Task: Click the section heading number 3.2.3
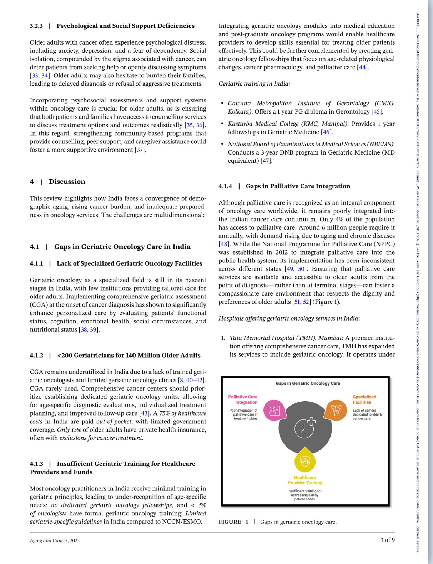click(x=36, y=26)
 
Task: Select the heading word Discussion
click(x=67, y=182)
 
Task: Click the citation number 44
click(x=362, y=67)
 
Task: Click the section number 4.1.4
click(x=225, y=186)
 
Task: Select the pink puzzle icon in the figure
click(x=274, y=411)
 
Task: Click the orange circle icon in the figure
click(x=336, y=411)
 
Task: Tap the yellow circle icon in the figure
click(x=305, y=461)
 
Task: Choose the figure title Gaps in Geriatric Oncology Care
click(x=308, y=383)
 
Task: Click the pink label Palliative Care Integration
click(x=243, y=399)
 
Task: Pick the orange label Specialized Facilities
click(x=364, y=399)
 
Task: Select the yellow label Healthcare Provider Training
click(x=305, y=480)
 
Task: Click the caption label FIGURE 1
click(x=233, y=522)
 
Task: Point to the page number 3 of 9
click(x=387, y=540)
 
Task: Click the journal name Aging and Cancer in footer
click(x=49, y=540)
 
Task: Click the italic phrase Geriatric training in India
click(x=254, y=84)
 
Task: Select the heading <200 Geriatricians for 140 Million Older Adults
click(x=129, y=356)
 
